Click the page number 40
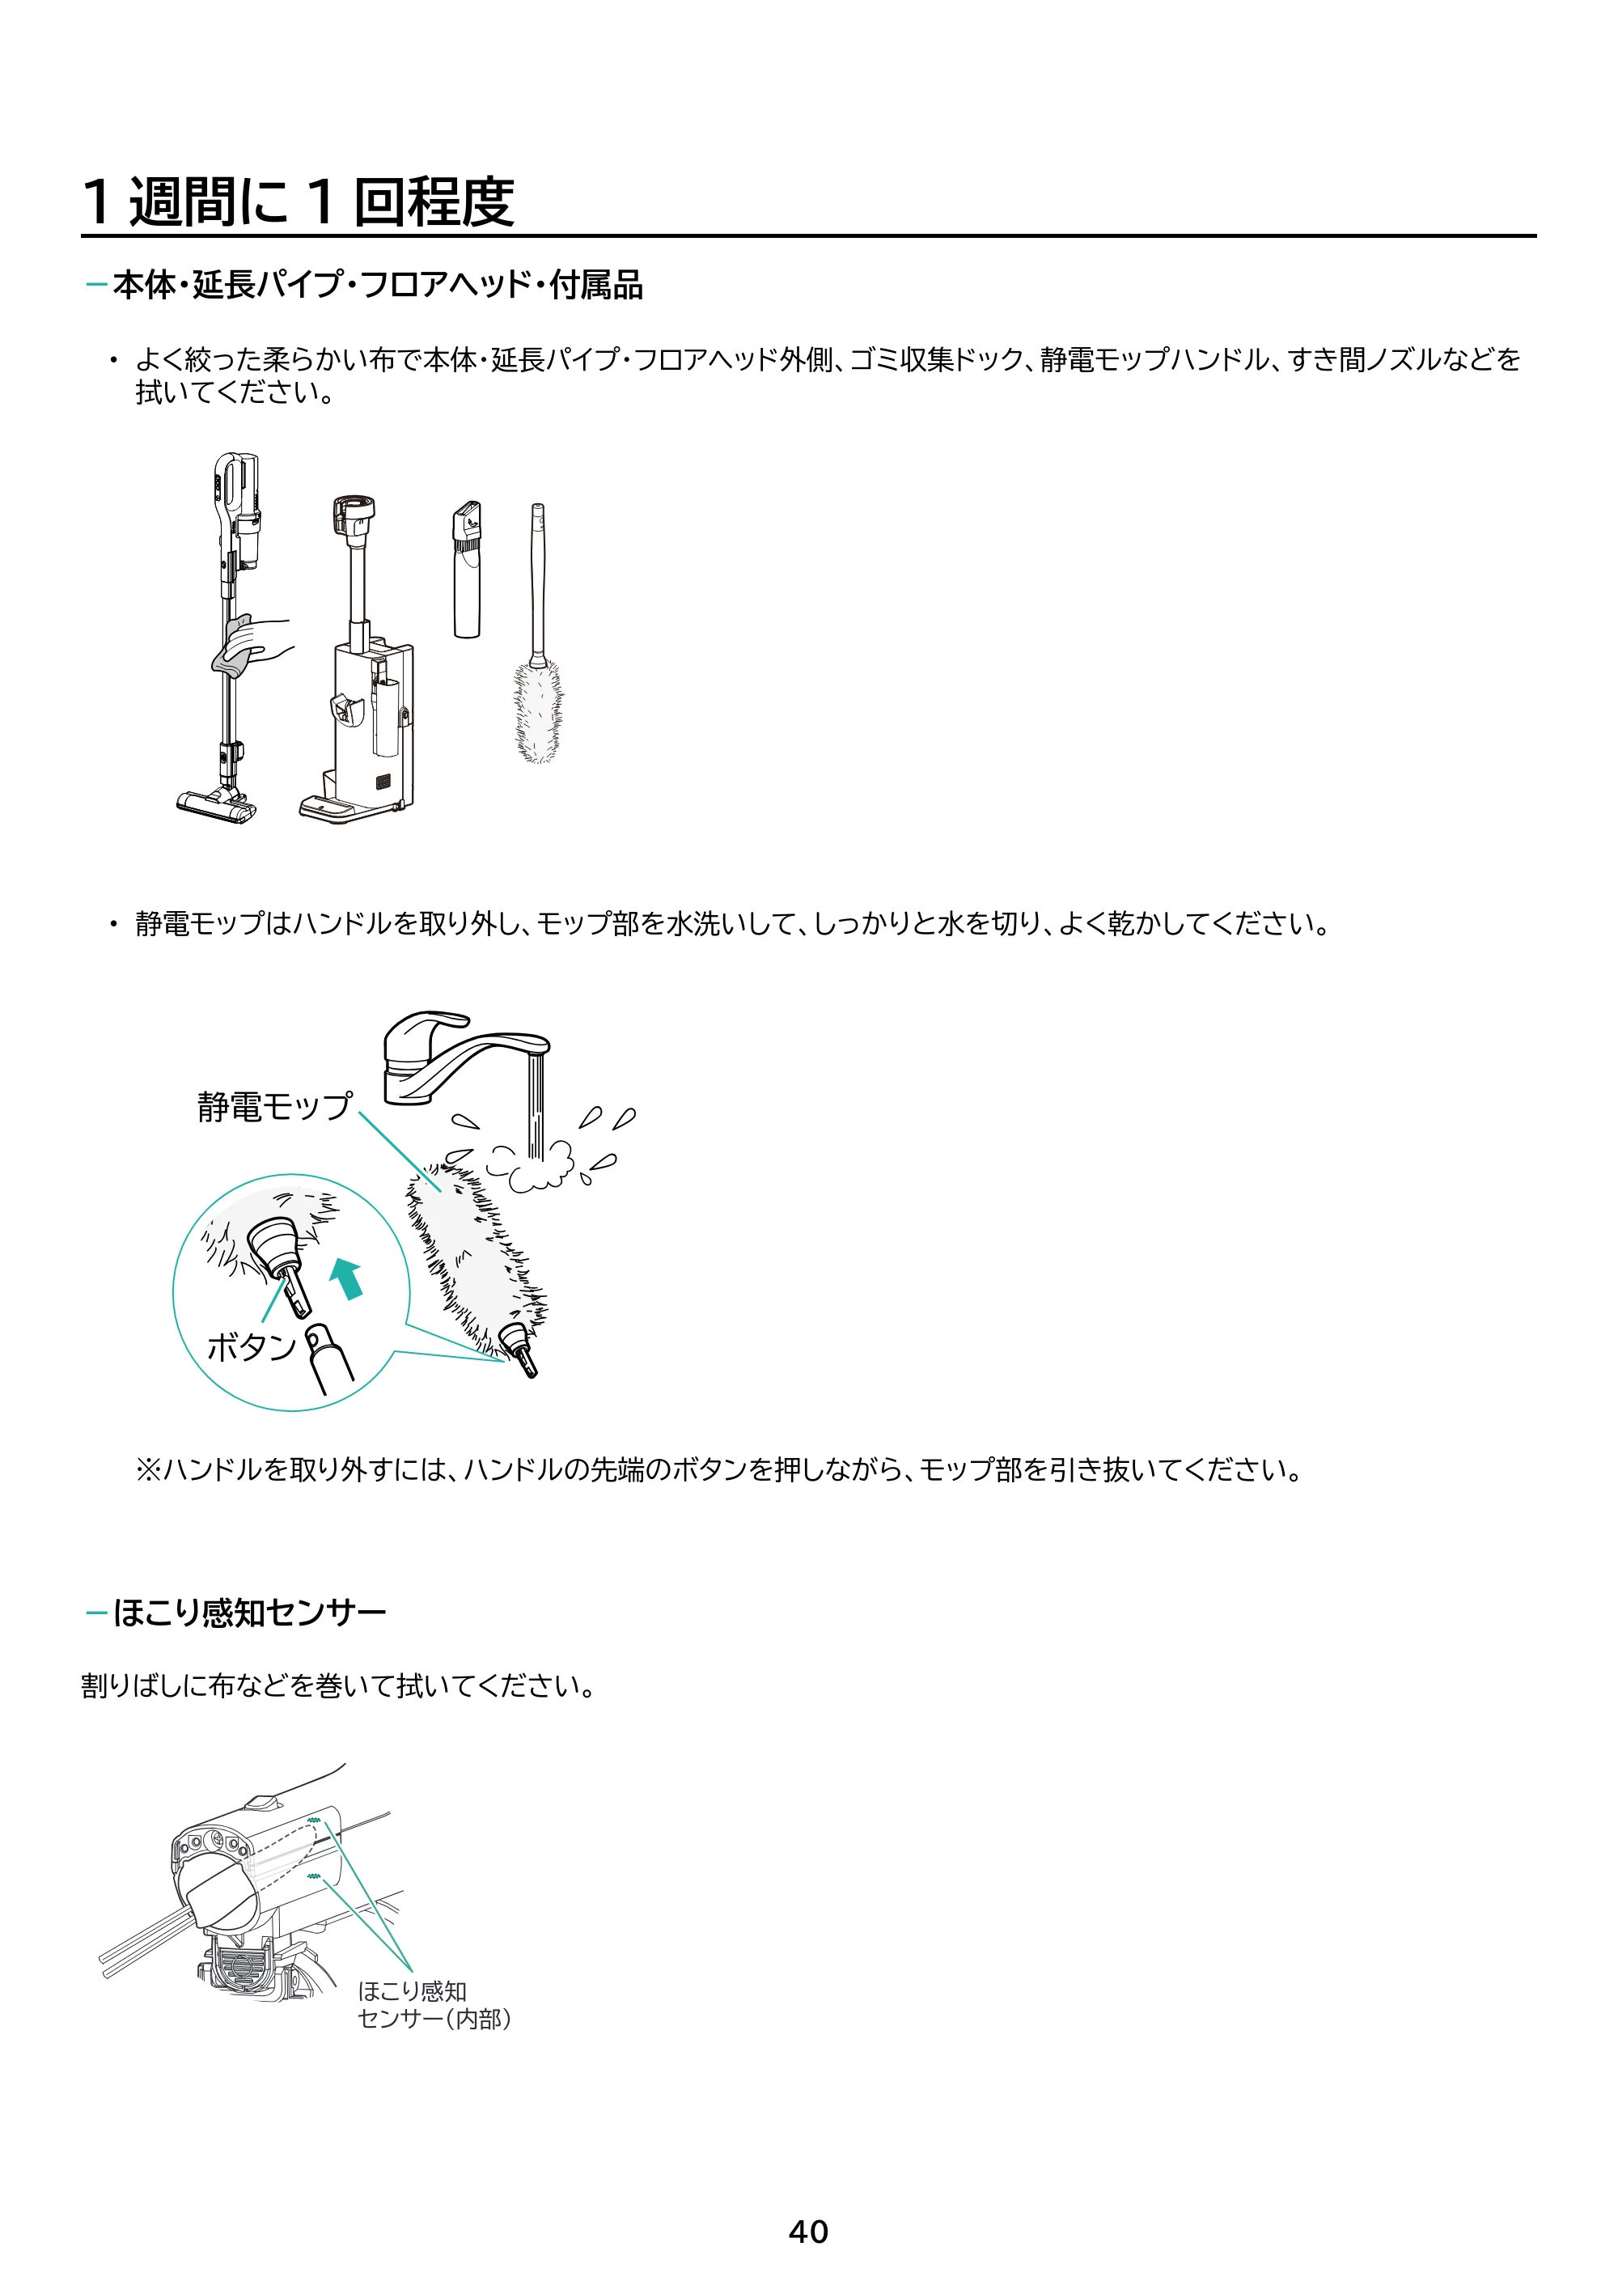(807, 2232)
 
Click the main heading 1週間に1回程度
(298, 201)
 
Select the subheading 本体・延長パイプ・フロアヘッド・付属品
(378, 285)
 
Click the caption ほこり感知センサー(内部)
(434, 2005)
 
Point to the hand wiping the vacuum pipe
(252, 644)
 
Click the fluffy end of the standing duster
(538, 710)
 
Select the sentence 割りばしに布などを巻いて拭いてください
(339, 1686)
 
